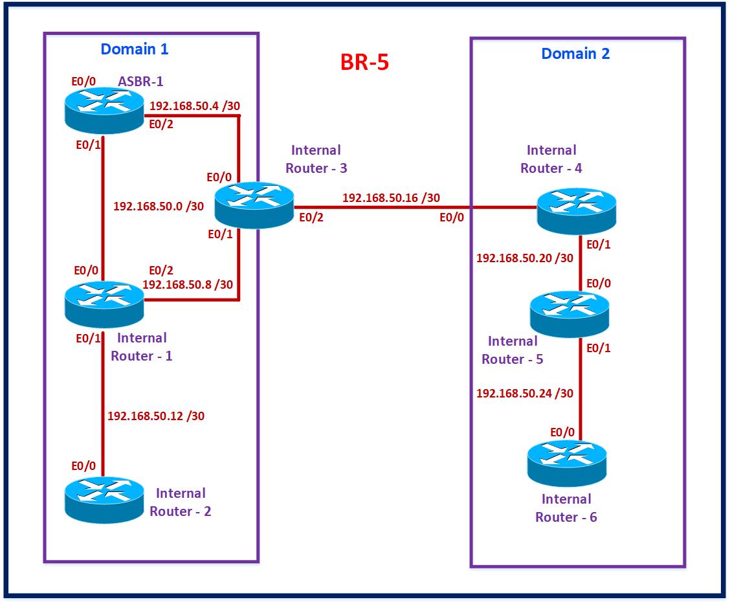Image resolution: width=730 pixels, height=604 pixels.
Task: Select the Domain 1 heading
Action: [x=135, y=49]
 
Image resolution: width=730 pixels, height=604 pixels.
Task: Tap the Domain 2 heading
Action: [x=575, y=53]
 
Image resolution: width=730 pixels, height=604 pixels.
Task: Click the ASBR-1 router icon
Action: [x=104, y=109]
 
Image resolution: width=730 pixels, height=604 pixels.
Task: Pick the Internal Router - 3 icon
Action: [x=254, y=204]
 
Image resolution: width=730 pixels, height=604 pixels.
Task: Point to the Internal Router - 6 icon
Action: [x=567, y=463]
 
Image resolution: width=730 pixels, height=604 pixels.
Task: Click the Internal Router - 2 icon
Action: [x=104, y=498]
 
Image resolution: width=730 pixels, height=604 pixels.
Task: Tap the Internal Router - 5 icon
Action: [x=570, y=313]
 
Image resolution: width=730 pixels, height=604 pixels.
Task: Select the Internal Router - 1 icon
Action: [x=104, y=304]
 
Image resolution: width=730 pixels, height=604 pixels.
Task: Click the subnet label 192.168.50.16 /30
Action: [x=391, y=197]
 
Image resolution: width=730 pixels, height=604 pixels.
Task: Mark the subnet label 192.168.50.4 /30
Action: [x=197, y=106]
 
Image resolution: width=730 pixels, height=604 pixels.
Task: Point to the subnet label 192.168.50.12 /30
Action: [x=156, y=416]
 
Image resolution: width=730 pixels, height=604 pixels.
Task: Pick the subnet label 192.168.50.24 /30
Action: [x=525, y=393]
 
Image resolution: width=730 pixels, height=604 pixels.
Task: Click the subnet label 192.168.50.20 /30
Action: [x=525, y=258]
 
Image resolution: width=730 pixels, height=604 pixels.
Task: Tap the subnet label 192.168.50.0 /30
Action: [x=159, y=206]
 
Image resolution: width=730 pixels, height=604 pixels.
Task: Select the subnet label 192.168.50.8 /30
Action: [x=188, y=284]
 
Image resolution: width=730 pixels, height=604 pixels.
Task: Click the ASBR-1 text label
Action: [x=140, y=82]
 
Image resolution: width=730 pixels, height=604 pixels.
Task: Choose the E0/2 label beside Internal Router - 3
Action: [x=311, y=218]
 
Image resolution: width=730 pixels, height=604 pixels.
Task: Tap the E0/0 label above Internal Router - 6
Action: [x=562, y=432]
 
